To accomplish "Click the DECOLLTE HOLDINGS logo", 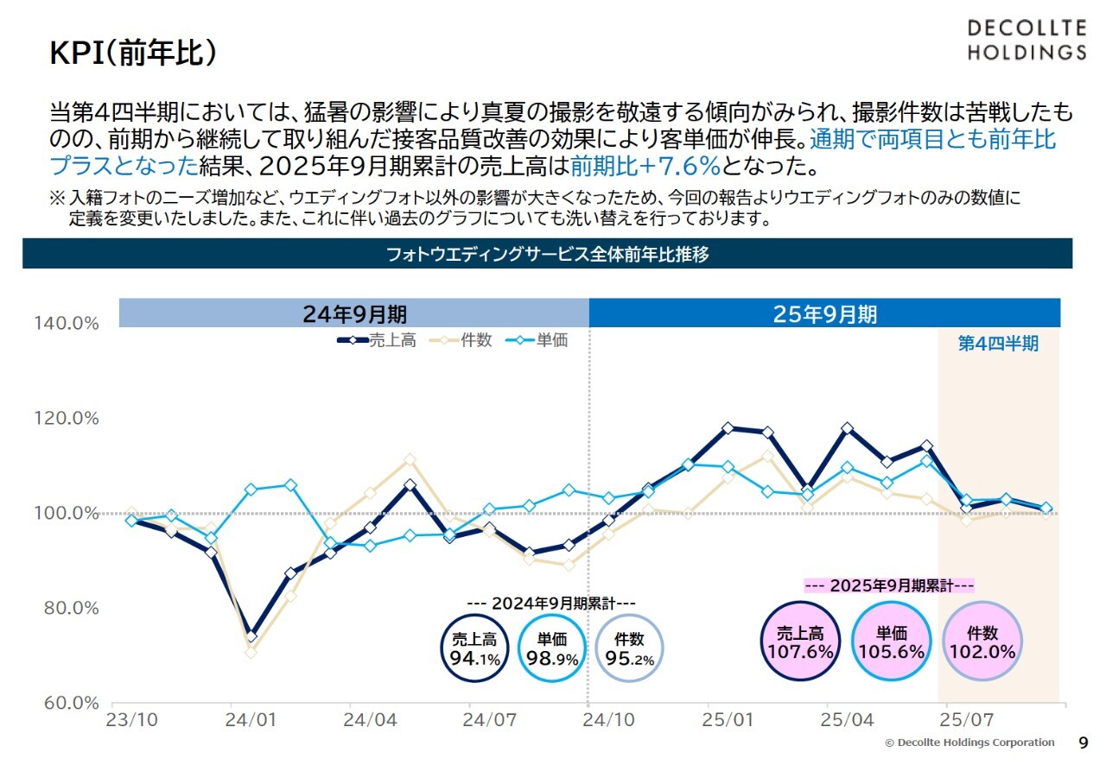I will point(1026,40).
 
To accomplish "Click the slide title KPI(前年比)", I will point(133,54).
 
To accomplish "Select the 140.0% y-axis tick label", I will point(67,323).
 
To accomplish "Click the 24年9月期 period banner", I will point(354,313).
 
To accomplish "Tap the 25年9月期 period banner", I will point(824,313).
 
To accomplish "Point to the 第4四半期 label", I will point(998,344).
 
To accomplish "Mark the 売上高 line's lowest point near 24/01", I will point(251,636).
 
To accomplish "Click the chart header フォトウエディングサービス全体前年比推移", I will point(548,255).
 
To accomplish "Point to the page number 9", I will point(1084,743).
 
